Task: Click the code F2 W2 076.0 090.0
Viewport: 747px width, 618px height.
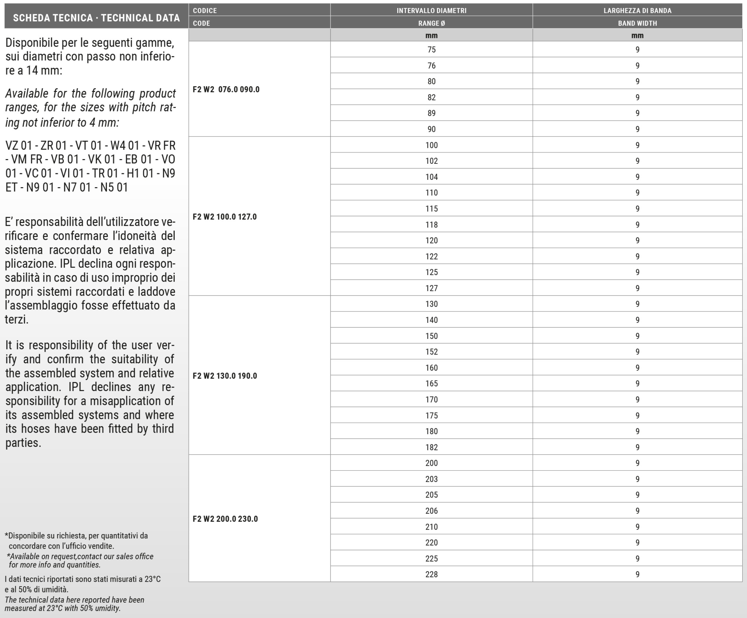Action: (226, 89)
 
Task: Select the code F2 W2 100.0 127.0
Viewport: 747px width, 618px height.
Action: (225, 217)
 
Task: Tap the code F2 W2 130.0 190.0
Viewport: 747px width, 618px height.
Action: (225, 376)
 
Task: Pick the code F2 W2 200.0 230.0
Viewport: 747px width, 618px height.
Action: (225, 519)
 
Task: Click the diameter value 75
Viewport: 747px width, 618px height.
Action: (431, 50)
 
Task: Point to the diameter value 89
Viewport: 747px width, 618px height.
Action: (431, 113)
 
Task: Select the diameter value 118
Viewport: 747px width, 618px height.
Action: (431, 225)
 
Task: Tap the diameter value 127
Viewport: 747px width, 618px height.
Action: (431, 288)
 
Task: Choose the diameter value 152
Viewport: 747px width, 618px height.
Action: (431, 352)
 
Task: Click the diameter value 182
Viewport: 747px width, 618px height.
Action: (431, 447)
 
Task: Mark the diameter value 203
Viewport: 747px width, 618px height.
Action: (431, 479)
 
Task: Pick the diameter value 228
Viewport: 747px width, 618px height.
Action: (431, 574)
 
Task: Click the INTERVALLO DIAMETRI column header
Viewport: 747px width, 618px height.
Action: (431, 11)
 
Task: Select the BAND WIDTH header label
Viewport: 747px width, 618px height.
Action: (637, 23)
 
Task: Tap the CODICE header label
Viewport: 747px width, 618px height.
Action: (205, 11)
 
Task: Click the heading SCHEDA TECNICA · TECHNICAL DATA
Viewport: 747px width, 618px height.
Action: (96, 18)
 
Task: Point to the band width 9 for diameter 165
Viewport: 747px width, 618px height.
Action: (637, 383)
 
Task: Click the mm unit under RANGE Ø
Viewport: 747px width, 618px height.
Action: (431, 36)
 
